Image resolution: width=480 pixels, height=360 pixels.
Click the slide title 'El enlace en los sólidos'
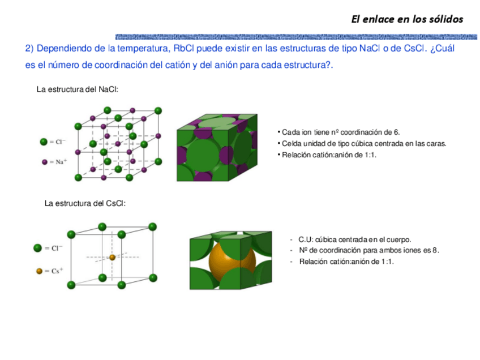coord(406,19)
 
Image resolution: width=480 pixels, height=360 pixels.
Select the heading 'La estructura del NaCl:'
coord(78,89)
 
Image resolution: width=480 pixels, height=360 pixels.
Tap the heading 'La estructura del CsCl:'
coord(85,203)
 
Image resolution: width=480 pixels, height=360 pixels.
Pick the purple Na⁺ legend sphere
coord(44,162)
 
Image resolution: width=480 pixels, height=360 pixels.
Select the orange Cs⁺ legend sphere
coord(39,271)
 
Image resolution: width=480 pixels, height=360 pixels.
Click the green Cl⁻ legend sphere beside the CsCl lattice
coord(38,248)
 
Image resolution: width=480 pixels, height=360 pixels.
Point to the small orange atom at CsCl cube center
coord(112,257)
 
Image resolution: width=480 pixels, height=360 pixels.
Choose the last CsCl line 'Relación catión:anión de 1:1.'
coord(346,262)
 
